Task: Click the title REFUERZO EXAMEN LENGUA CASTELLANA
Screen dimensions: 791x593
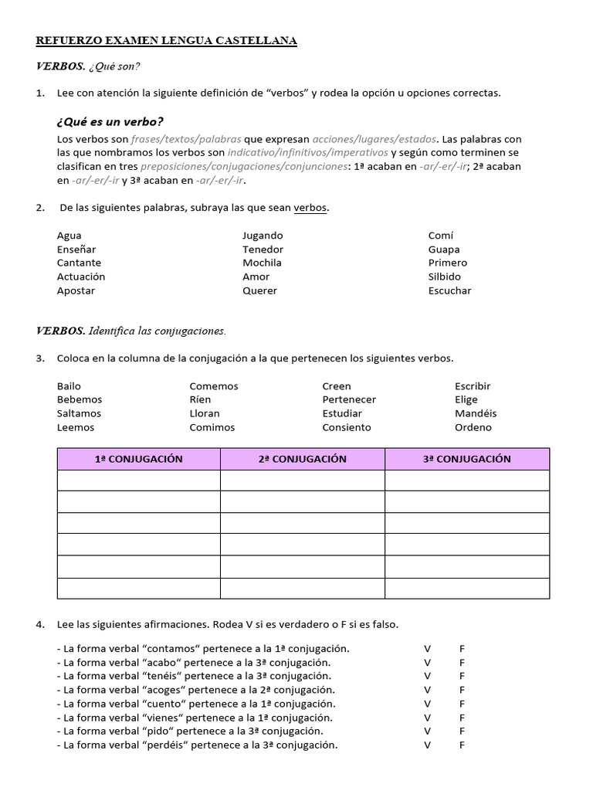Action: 166,41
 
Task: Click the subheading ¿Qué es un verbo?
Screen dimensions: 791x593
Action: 110,122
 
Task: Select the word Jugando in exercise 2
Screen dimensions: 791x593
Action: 263,236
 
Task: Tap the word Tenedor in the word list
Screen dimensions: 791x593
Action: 263,250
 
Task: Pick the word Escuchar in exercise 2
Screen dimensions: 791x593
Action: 449,291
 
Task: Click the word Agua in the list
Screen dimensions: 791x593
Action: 69,236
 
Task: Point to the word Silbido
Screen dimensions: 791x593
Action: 444,277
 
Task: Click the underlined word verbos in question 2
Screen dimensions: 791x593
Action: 310,208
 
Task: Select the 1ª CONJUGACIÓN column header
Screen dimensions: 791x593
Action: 139,459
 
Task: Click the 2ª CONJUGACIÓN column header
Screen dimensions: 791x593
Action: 303,459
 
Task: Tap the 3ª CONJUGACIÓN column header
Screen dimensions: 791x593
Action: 467,459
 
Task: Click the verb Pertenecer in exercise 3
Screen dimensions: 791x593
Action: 349,400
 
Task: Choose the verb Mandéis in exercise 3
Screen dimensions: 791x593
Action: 476,414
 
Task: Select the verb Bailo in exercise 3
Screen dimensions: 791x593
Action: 69,386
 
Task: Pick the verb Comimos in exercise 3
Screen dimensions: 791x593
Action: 212,428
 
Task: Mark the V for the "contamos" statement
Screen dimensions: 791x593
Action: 427,649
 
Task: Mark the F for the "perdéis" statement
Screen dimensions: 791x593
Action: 462,746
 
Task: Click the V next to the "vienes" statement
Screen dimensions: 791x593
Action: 427,718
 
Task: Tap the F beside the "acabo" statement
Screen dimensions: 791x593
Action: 462,663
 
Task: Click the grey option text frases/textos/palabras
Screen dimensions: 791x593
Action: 186,140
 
